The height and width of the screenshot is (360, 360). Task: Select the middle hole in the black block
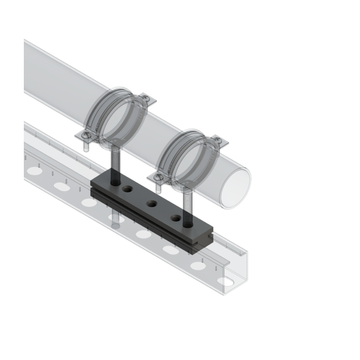click(151, 203)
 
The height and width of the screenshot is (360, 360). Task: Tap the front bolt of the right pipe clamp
click(160, 177)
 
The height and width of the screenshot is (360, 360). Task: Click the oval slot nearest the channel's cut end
click(225, 281)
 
